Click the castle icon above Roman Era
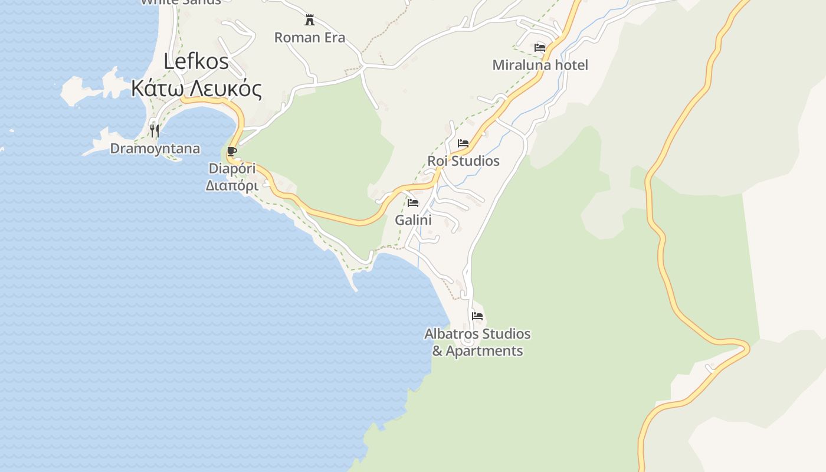tap(309, 20)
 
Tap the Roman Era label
tap(309, 38)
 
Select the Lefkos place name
tap(195, 61)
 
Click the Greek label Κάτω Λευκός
tap(196, 88)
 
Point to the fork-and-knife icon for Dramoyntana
tap(155, 130)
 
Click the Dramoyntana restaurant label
tap(155, 149)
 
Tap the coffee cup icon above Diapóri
tap(232, 151)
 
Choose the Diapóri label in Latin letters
tap(232, 169)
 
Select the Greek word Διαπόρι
tap(232, 185)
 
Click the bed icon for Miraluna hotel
tap(540, 47)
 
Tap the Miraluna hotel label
tap(540, 65)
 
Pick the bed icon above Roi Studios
tap(463, 143)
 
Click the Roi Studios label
tap(463, 161)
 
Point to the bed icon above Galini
tap(413, 203)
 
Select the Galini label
tap(413, 221)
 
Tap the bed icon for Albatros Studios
tap(477, 316)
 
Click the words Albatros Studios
tap(477, 334)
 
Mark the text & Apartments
tap(477, 351)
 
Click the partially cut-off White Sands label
tap(181, 2)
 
